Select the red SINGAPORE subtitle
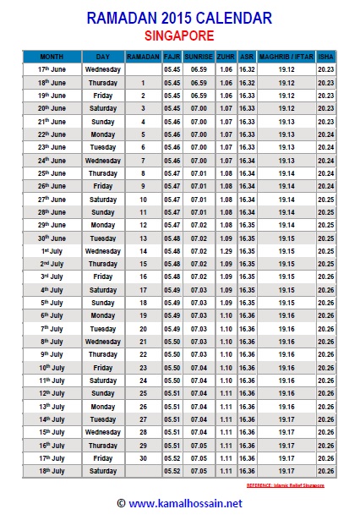pos(179,36)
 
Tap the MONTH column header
pos(52,55)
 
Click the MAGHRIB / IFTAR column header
pos(286,55)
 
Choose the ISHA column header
pos(326,55)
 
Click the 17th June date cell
pos(52,68)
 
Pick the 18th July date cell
pos(52,471)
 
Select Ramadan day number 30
pos(143,458)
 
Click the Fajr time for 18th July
pos(172,471)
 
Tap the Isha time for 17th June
pos(326,68)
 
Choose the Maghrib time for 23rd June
pos(286,146)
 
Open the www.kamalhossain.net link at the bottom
pos(178,503)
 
